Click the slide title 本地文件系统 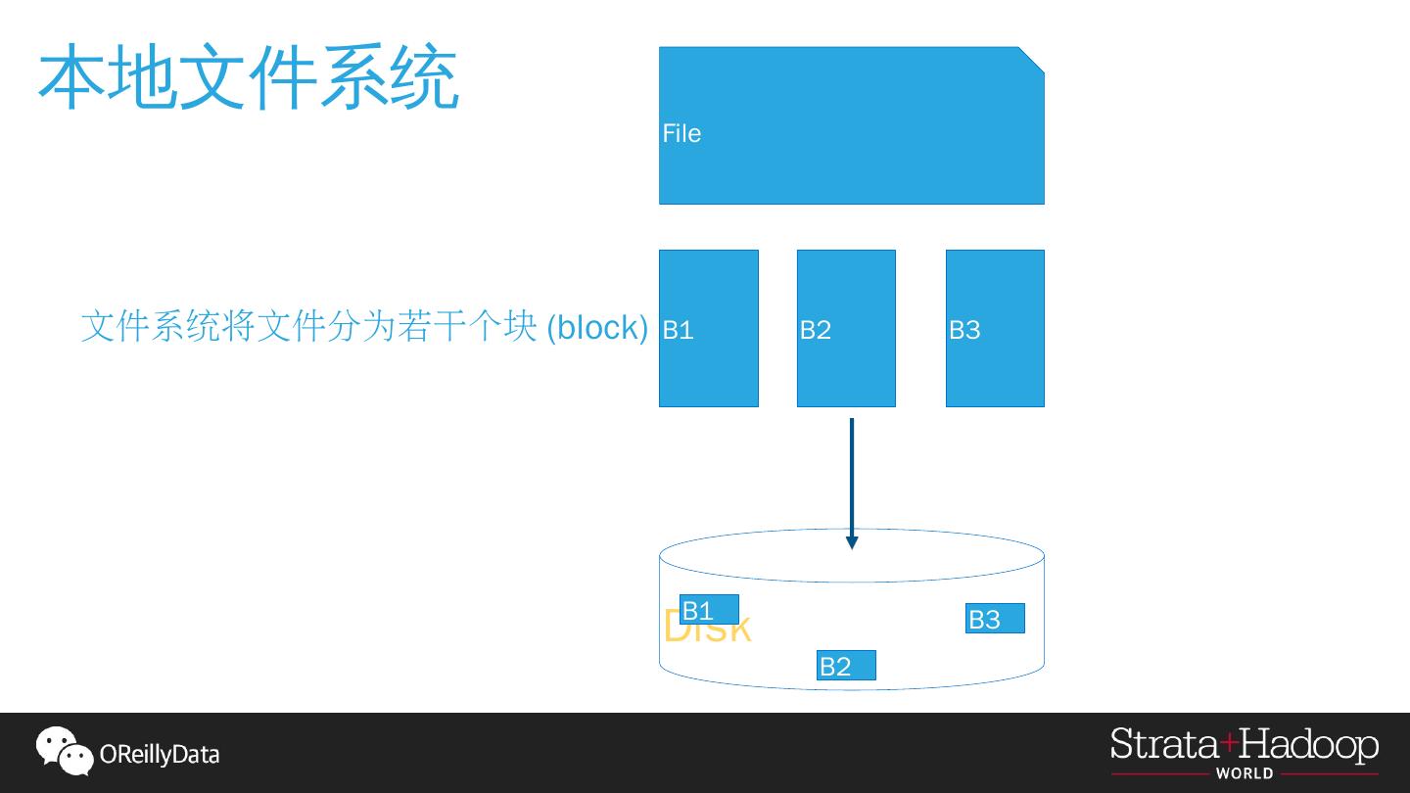click(x=249, y=76)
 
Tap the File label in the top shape click(x=681, y=133)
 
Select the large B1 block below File click(x=709, y=328)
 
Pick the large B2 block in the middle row click(x=846, y=328)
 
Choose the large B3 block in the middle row click(x=995, y=328)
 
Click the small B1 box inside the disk click(x=709, y=610)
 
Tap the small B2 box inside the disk click(x=846, y=666)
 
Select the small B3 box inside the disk click(x=995, y=619)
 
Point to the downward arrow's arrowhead click(x=852, y=541)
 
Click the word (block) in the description click(x=597, y=327)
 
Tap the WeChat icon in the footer click(x=64, y=751)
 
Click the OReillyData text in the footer click(x=160, y=755)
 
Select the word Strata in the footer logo click(x=1164, y=746)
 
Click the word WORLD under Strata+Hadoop click(x=1245, y=773)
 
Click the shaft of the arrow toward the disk click(x=852, y=475)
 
